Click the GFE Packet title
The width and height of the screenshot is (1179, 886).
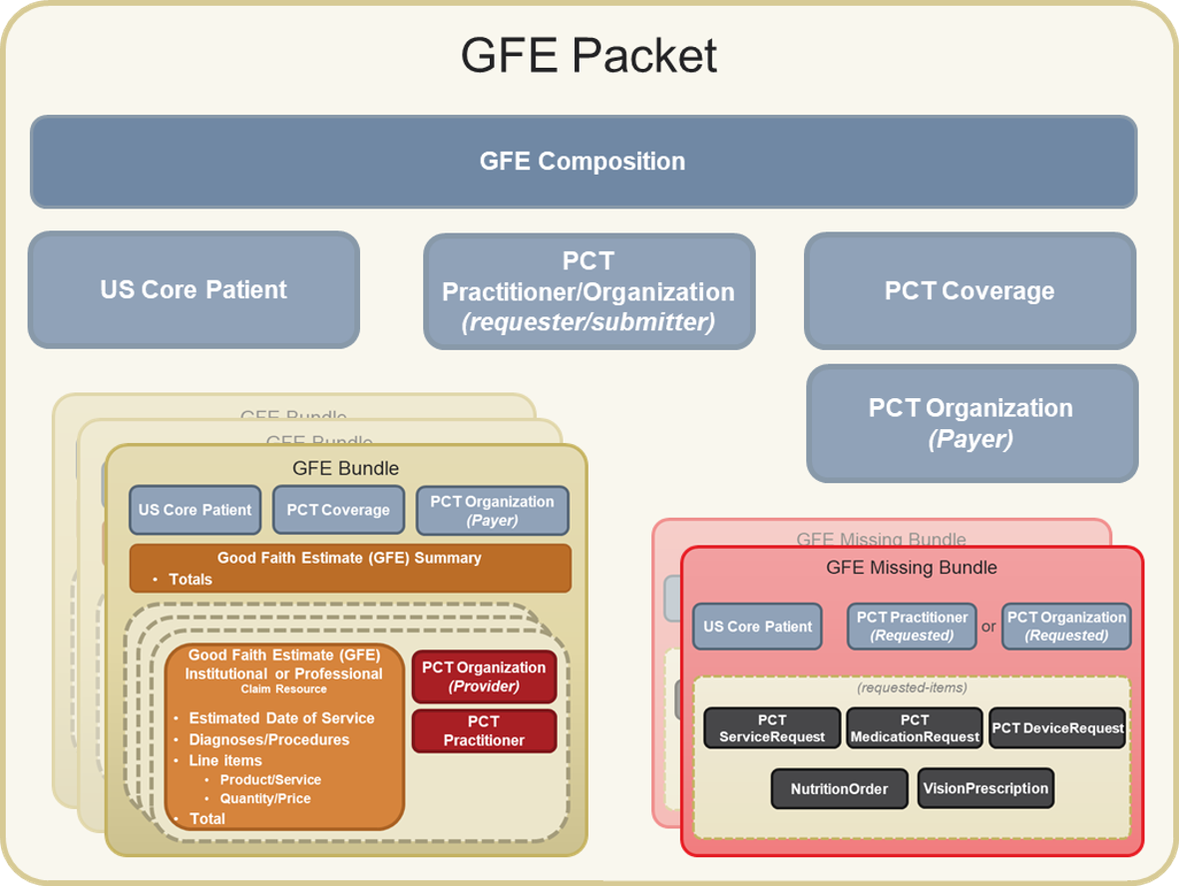[589, 56]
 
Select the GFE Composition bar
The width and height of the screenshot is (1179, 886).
[583, 162]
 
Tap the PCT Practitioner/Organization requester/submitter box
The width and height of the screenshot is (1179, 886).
[589, 291]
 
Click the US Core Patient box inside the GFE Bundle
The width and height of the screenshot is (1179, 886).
[195, 510]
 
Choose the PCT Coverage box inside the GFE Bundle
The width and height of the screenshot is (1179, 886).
[338, 510]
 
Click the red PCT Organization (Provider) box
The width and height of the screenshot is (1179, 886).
[484, 676]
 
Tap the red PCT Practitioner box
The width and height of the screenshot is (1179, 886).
[484, 730]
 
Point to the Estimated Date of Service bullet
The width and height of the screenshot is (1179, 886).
[281, 718]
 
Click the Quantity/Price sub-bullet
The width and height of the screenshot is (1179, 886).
[264, 798]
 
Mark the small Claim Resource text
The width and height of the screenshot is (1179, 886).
[283, 689]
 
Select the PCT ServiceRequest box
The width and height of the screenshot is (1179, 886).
[772, 728]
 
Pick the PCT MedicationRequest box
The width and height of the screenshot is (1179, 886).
[915, 728]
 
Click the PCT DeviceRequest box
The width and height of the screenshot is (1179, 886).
[1057, 728]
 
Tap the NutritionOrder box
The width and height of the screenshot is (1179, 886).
[839, 789]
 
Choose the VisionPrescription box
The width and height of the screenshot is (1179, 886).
[985, 788]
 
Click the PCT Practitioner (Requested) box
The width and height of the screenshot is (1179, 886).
[912, 627]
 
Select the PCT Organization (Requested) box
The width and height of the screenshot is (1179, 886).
[1066, 627]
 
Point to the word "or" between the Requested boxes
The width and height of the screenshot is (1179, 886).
[988, 628]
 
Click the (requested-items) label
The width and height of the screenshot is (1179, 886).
[911, 687]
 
